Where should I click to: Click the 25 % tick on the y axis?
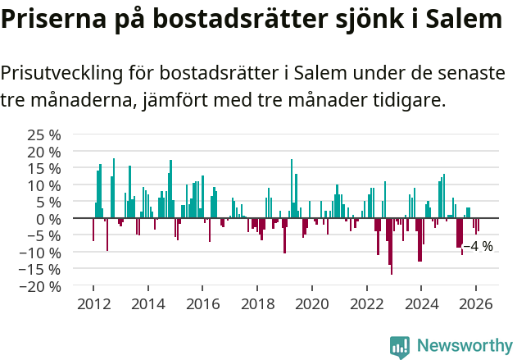pos(44,134)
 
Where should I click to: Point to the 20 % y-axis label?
pos(44,152)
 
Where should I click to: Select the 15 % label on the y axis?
pos(44,168)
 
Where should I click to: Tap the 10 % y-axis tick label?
pos(44,185)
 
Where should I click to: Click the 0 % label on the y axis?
pos(48,219)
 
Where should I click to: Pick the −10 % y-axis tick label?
pos(41,253)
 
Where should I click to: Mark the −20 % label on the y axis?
pos(41,286)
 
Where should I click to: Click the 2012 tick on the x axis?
pos(93,303)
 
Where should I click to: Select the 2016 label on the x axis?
pos(202,303)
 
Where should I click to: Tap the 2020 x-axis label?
pos(311,303)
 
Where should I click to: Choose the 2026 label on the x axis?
pos(476,303)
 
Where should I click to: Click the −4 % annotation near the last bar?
pos(478,246)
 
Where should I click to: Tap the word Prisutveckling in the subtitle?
pos(58,73)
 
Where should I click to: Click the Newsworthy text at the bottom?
pos(465,346)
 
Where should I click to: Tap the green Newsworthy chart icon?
pos(400,347)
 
